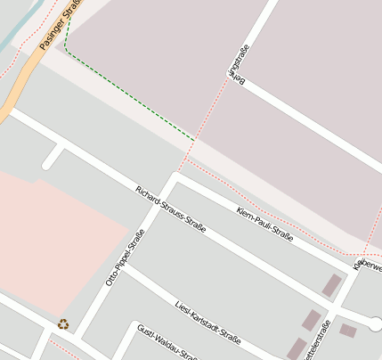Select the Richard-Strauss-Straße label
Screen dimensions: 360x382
point(171,209)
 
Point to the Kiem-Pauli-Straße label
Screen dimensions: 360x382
point(265,224)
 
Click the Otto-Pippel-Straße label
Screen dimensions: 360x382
point(126,258)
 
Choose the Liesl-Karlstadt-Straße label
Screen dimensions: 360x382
point(208,323)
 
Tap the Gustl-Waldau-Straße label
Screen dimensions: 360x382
point(167,342)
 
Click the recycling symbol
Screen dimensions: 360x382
point(63,324)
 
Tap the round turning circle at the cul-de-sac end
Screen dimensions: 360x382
point(376,323)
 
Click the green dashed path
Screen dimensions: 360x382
point(125,98)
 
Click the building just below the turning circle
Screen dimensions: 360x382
point(348,331)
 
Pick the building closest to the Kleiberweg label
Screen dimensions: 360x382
point(332,285)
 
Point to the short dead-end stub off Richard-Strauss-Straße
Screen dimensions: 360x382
point(53,158)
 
